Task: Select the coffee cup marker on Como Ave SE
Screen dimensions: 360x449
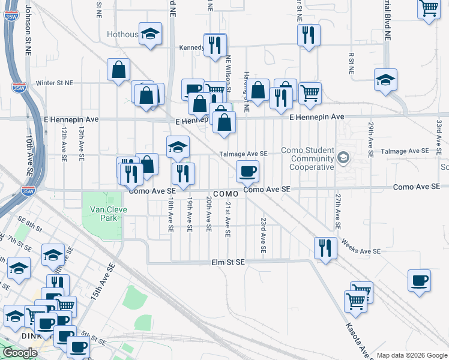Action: (x=247, y=172)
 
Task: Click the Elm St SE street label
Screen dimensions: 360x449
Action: (x=228, y=262)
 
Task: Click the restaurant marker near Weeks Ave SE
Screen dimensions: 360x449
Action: (x=325, y=248)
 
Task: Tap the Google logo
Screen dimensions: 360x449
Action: (x=20, y=353)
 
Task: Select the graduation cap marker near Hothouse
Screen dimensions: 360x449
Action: (x=150, y=34)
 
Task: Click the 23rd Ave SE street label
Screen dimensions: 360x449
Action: (x=263, y=235)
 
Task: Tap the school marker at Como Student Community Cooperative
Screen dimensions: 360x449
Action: (x=343, y=158)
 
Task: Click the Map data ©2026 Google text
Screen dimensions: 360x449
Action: (x=411, y=355)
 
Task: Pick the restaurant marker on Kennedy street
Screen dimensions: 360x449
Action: (x=215, y=44)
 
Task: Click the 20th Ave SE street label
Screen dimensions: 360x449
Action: (x=208, y=214)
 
